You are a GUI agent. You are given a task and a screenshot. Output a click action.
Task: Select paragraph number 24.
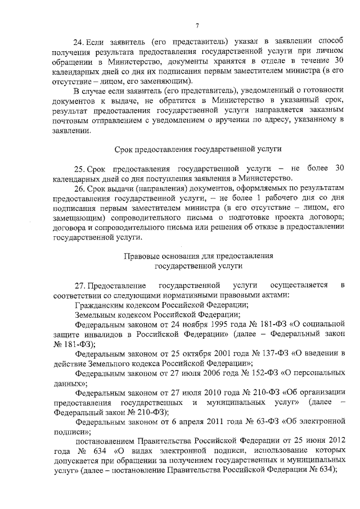[x=80, y=42]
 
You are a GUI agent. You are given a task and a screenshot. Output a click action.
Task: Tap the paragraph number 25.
[x=80, y=168]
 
